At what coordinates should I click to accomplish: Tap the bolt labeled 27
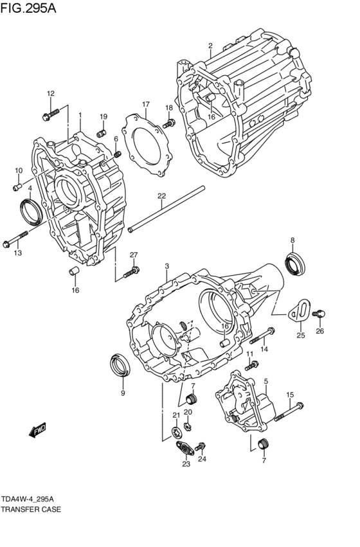point(131,272)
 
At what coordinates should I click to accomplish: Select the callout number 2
point(210,46)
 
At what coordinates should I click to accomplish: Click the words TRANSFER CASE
point(31,509)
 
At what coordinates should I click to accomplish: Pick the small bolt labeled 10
point(17,186)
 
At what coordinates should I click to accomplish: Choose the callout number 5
point(265,381)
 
